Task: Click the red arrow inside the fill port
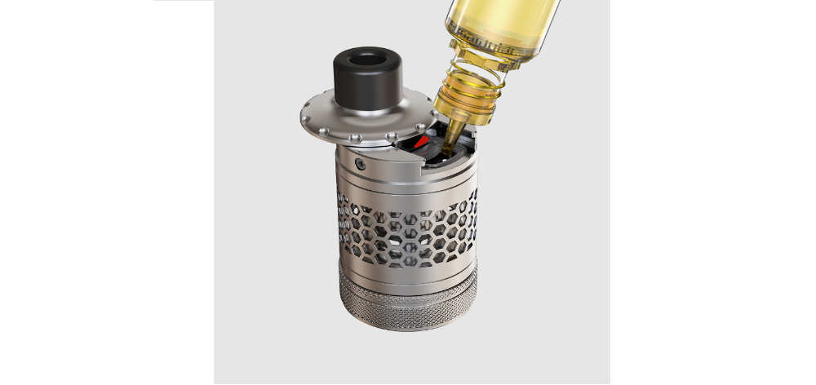click(x=420, y=144)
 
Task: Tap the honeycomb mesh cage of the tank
click(x=407, y=232)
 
